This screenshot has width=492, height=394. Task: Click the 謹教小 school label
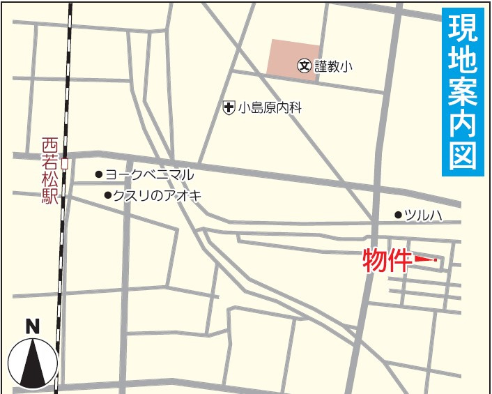334,66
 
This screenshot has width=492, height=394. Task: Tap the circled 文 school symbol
305,66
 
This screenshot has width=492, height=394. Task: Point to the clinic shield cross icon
228,108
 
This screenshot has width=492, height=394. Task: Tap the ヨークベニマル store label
149,174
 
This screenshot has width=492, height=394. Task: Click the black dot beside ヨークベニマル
99,174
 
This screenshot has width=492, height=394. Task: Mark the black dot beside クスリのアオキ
107,196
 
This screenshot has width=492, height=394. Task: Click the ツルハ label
424,215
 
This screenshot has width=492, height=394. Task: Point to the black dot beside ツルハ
398,215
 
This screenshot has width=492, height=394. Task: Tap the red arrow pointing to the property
424,261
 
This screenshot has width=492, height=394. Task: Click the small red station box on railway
64,164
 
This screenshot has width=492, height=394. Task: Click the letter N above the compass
32,326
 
